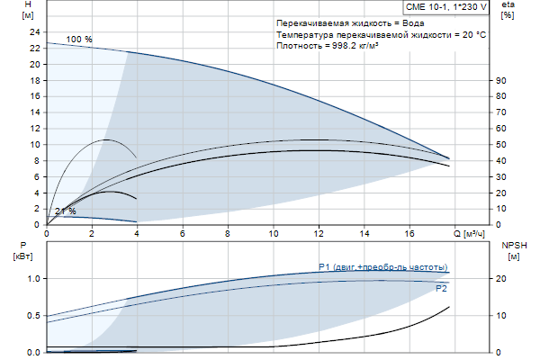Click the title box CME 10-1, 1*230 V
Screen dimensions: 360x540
445,6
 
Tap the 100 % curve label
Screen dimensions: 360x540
79,40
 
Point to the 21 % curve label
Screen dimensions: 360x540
65,211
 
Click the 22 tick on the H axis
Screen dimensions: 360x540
35,66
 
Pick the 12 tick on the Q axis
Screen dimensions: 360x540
319,233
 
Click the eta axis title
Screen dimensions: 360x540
508,10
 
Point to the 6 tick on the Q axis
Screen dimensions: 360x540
183,233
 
